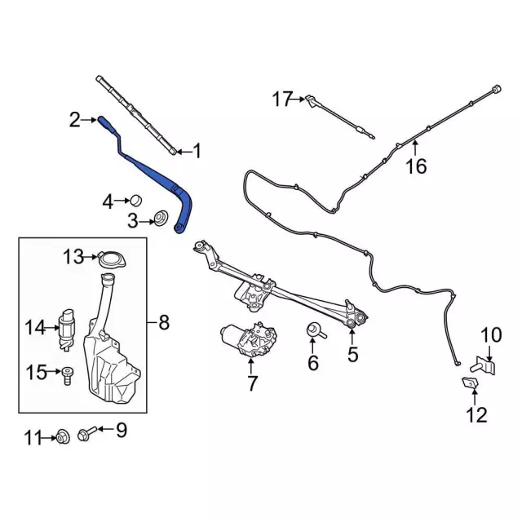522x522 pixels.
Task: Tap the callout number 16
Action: pyautogui.click(x=416, y=166)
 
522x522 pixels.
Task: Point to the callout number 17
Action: pyautogui.click(x=281, y=100)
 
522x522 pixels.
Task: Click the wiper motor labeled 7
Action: pyautogui.click(x=249, y=338)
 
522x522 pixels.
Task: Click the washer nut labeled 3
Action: pyautogui.click(x=161, y=219)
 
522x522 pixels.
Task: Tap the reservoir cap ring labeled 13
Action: pyautogui.click(x=108, y=259)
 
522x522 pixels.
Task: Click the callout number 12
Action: pyautogui.click(x=477, y=416)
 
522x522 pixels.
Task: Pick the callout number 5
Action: pyautogui.click(x=352, y=354)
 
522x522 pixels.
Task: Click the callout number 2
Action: pyautogui.click(x=74, y=121)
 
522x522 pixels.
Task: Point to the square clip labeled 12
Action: pyautogui.click(x=471, y=383)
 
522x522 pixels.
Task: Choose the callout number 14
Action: pyautogui.click(x=35, y=328)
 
